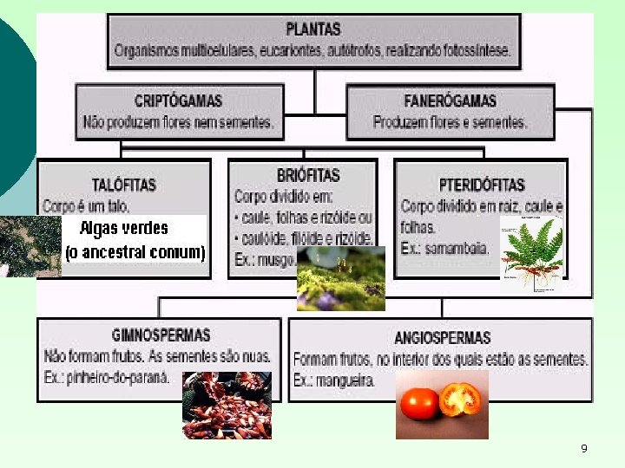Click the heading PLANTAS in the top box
click(313, 29)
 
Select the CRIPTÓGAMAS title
click(179, 101)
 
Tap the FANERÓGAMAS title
click(449, 101)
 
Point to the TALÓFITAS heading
click(124, 185)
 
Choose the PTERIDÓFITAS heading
click(482, 185)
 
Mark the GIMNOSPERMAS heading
click(161, 335)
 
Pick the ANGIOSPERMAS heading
click(442, 337)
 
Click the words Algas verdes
click(124, 229)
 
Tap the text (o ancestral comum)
click(135, 253)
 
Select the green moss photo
click(340, 278)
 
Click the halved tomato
click(459, 399)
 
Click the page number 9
click(583, 448)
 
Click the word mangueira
click(345, 380)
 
